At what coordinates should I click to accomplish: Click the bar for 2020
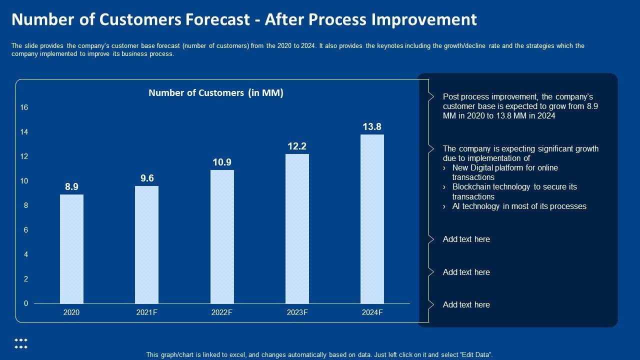point(71,248)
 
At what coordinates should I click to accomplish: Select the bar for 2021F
point(147,244)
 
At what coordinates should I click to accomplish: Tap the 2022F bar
point(222,236)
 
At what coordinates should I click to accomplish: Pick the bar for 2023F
point(297,228)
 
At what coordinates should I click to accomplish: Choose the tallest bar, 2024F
point(372,218)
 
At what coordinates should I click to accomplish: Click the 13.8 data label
point(372,127)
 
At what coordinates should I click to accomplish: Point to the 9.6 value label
point(147,178)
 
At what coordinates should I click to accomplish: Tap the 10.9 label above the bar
point(222,162)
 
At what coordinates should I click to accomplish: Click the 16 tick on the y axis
point(24,108)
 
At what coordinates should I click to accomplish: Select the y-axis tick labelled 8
point(26,205)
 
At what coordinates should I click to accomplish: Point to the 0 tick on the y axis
point(26,303)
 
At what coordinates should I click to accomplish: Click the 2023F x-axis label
point(297,312)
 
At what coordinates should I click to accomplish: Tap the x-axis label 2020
point(71,312)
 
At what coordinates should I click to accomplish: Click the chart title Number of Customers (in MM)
point(216,92)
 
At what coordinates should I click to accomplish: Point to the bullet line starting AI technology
point(519,206)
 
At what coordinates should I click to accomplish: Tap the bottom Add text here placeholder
point(466,304)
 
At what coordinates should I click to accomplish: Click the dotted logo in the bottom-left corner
point(21,343)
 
